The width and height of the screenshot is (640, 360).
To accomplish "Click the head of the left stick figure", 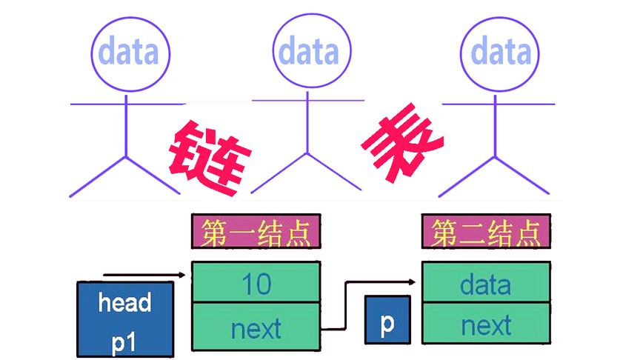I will click(x=130, y=53).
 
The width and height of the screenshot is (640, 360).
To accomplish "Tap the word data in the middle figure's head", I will click(x=307, y=52).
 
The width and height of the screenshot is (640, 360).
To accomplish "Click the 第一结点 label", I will click(x=256, y=232).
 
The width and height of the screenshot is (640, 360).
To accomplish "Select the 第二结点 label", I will click(x=487, y=232).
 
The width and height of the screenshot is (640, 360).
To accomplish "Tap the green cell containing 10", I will click(x=256, y=283).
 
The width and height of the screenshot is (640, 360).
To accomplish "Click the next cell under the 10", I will click(x=256, y=327).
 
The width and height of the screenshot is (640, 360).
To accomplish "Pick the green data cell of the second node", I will click(x=486, y=283).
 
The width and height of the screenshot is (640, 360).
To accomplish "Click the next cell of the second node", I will click(x=486, y=325).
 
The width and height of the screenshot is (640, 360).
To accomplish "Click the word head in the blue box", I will click(x=124, y=302).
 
